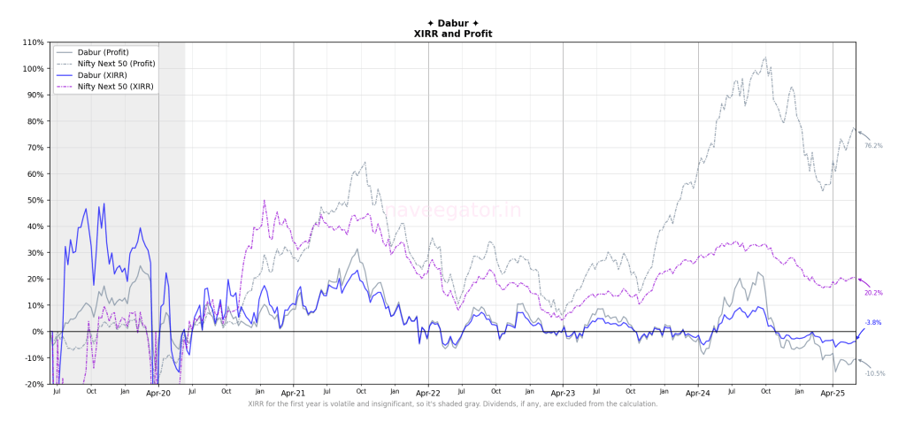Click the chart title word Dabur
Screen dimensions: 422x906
pos(453,23)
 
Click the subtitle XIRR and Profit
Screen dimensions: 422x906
pos(453,34)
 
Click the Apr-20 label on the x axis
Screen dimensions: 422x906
pos(158,392)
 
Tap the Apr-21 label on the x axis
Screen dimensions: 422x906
pos(294,392)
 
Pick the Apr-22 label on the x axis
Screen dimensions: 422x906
pos(428,392)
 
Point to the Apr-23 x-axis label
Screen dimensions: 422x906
pos(563,392)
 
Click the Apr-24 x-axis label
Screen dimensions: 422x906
pos(698,392)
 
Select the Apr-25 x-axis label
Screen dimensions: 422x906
pos(833,392)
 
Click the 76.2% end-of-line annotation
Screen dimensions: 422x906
pos(873,145)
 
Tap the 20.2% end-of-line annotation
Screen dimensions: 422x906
pos(873,293)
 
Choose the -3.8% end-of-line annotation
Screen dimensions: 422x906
pos(872,322)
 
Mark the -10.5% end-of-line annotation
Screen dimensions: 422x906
pos(874,373)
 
